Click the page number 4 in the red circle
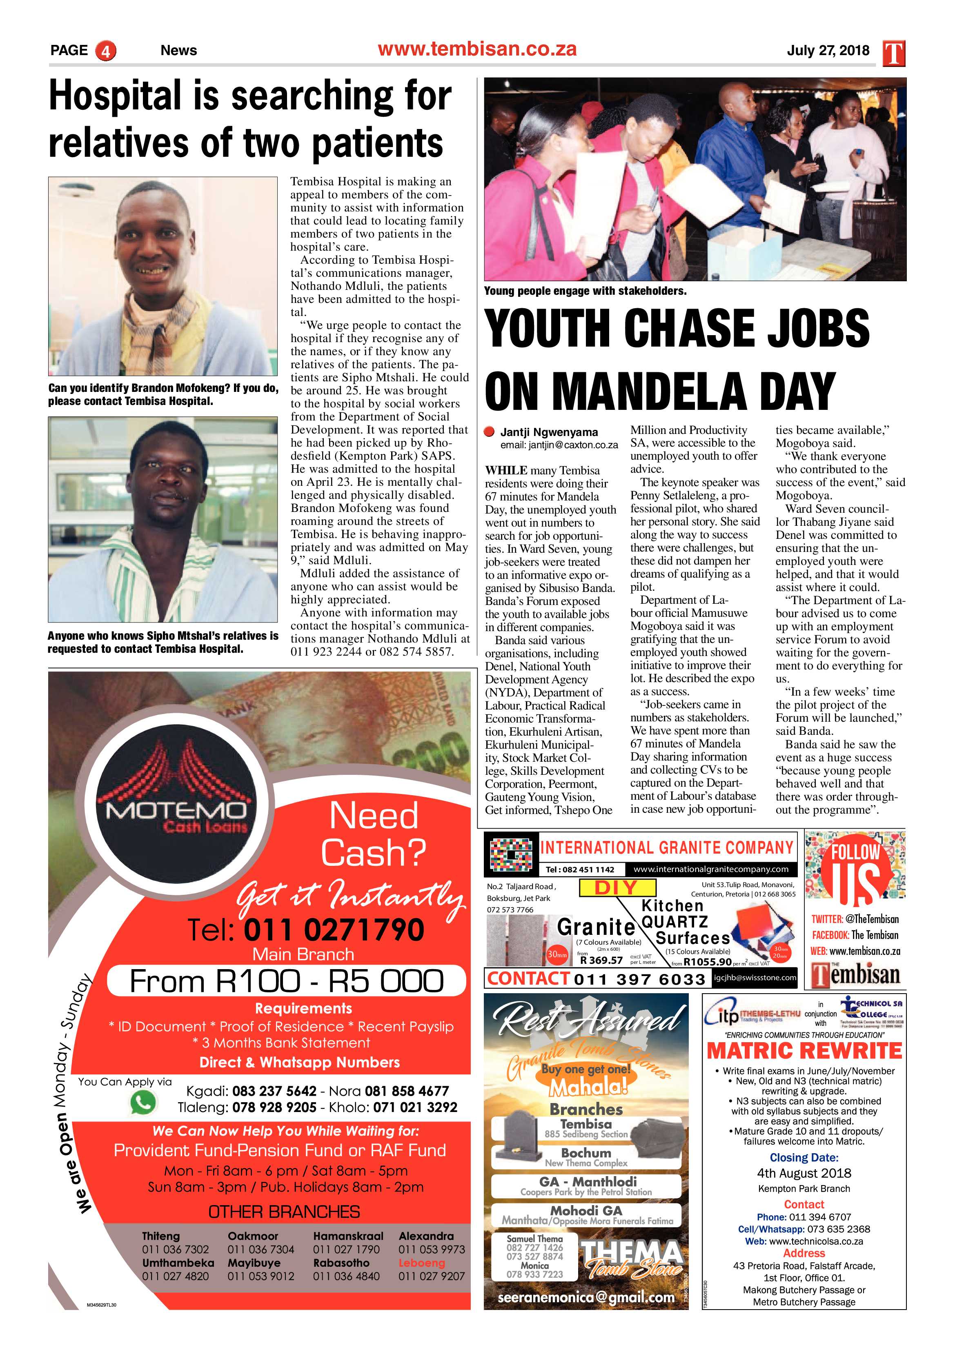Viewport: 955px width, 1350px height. click(x=106, y=51)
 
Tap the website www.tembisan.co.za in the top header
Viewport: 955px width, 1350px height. click(x=477, y=49)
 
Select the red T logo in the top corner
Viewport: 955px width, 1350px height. click(x=893, y=53)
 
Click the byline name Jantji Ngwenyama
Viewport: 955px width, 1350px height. click(x=549, y=432)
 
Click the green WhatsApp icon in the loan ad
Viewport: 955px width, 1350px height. click(x=143, y=1103)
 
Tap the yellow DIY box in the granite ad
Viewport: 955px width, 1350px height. click(x=617, y=888)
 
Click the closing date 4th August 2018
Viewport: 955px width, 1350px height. click(x=804, y=1173)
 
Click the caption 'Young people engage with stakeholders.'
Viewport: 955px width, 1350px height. click(x=585, y=291)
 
